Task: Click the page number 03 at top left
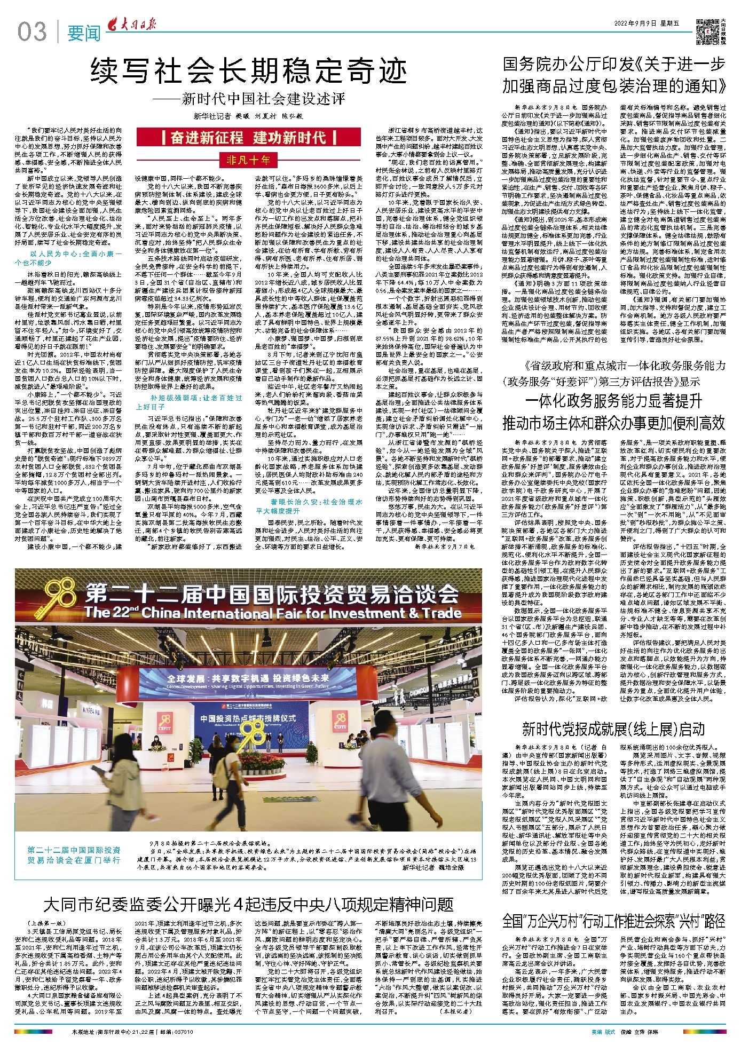coord(32,31)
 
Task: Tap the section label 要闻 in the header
coord(84,33)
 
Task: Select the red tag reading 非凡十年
coord(248,160)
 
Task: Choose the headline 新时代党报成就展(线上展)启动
coord(613,729)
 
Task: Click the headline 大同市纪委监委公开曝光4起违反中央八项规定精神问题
coord(249,904)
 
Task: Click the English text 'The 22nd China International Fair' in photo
coord(272,612)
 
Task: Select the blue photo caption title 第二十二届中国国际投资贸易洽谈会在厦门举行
coord(74,854)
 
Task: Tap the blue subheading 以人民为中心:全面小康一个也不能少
coord(75,258)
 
